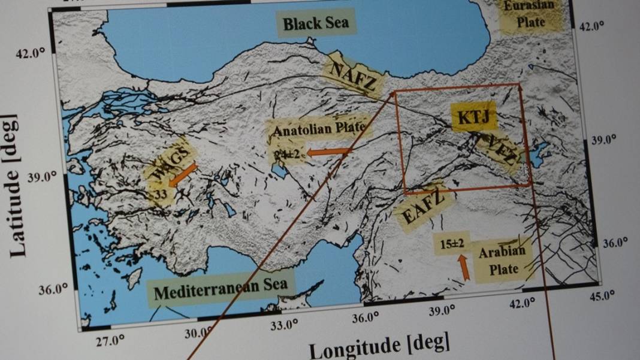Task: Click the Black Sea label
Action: tap(316, 25)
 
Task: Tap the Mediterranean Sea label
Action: tap(221, 290)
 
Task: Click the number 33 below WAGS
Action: tap(160, 195)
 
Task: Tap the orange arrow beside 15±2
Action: tap(463, 268)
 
